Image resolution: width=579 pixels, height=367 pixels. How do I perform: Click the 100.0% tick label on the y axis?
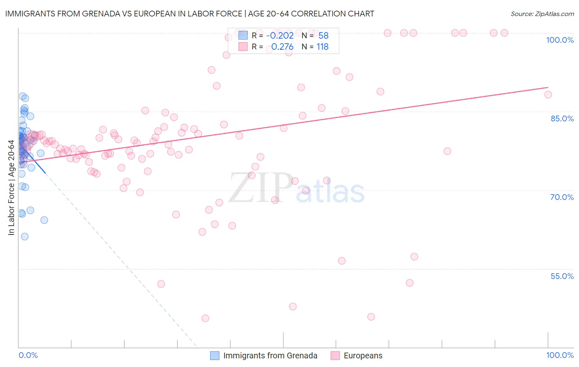560,40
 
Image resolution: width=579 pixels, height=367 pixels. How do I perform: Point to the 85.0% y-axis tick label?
562,118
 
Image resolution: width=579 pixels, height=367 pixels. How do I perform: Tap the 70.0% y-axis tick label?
562,197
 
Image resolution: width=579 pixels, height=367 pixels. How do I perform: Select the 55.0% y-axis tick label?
562,276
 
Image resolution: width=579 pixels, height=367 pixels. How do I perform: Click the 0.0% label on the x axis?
28,355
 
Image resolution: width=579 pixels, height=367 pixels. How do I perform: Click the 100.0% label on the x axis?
560,355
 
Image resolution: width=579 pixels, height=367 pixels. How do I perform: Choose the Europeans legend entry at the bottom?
363,355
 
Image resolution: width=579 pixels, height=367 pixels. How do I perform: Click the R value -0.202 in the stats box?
280,35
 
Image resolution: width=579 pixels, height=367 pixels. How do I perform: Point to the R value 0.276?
282,47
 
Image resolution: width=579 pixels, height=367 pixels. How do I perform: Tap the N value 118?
322,47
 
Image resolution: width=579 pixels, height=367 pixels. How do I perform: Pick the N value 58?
323,35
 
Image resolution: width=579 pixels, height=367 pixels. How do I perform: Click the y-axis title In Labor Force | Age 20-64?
12,188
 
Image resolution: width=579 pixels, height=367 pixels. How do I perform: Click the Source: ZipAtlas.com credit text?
542,14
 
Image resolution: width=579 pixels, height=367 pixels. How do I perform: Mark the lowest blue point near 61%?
25,237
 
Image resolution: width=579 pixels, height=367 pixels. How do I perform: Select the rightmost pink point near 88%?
548,95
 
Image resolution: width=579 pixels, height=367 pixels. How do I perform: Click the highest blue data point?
23,96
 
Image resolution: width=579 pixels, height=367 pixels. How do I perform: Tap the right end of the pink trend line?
548,87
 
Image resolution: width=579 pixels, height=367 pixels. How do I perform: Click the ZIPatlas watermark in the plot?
297,188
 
